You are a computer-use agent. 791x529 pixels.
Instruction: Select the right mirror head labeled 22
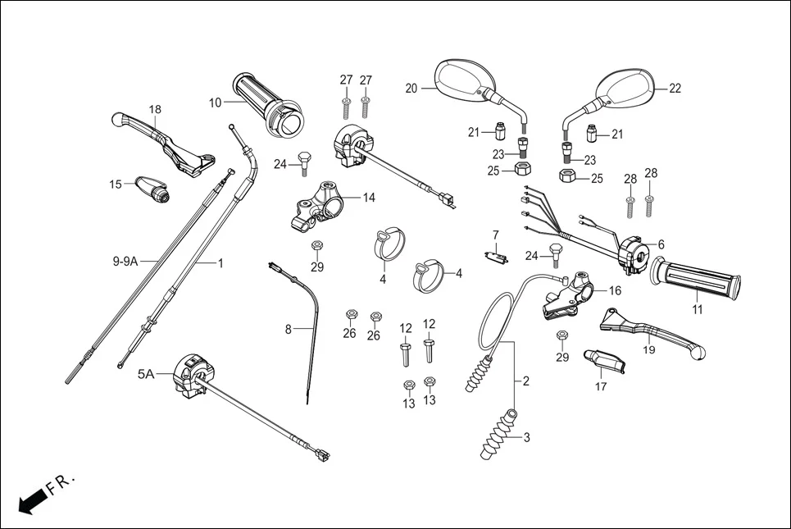(627, 86)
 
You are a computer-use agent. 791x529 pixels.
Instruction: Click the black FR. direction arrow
(30, 500)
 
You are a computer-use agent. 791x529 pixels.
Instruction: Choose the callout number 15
(116, 184)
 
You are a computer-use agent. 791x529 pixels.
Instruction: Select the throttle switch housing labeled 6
(634, 250)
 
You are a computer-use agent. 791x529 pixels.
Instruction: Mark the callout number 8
(288, 330)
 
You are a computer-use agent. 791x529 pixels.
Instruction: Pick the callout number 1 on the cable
(220, 263)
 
